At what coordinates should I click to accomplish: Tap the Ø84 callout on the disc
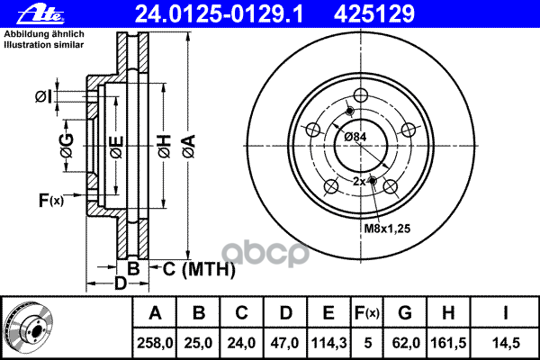point(356,137)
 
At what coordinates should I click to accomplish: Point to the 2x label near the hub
point(359,182)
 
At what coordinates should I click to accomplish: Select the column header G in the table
point(405,313)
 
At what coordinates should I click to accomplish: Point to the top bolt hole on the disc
point(362,97)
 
